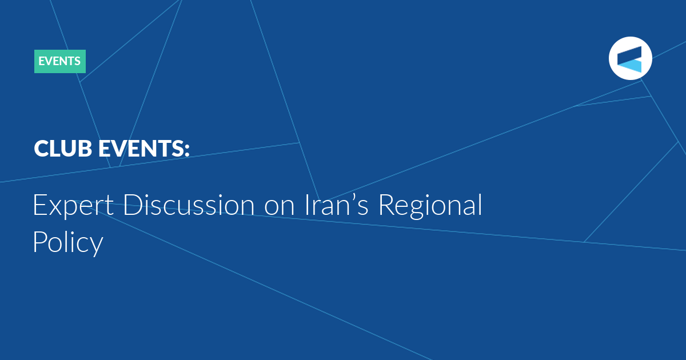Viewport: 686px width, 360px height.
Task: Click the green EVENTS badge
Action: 59,61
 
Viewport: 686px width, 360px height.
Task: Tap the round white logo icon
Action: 630,58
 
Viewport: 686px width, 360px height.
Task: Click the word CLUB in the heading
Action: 63,149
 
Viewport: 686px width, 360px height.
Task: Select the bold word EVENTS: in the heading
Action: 144,149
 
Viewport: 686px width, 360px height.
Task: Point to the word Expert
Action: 73,205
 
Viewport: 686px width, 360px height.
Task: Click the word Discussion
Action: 189,205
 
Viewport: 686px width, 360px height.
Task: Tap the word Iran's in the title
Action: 336,205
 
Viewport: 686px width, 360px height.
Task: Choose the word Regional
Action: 430,206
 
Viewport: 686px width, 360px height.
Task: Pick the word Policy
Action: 68,242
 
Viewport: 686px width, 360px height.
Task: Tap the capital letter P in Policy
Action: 40,241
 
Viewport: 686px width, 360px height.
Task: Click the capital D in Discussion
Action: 132,205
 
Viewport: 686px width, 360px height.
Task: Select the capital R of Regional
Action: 387,205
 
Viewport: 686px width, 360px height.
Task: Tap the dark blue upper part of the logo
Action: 631,54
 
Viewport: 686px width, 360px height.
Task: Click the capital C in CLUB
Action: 42,149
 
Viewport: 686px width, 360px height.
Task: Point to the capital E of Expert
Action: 39,205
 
